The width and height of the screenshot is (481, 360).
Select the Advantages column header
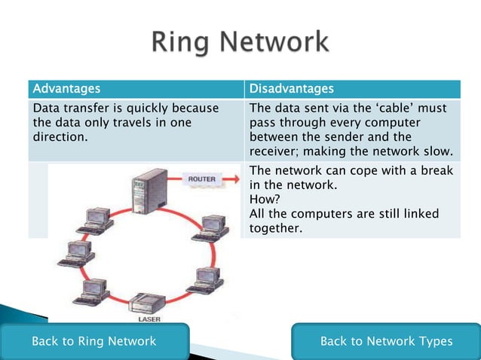tap(66, 90)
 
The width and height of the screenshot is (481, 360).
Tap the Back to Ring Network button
tap(93, 341)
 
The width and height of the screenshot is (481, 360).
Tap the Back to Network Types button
tap(386, 341)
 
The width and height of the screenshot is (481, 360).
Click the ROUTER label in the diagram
tap(202, 178)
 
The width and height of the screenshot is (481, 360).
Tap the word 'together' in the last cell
tap(275, 227)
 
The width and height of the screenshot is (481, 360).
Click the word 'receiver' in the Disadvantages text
tap(272, 151)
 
